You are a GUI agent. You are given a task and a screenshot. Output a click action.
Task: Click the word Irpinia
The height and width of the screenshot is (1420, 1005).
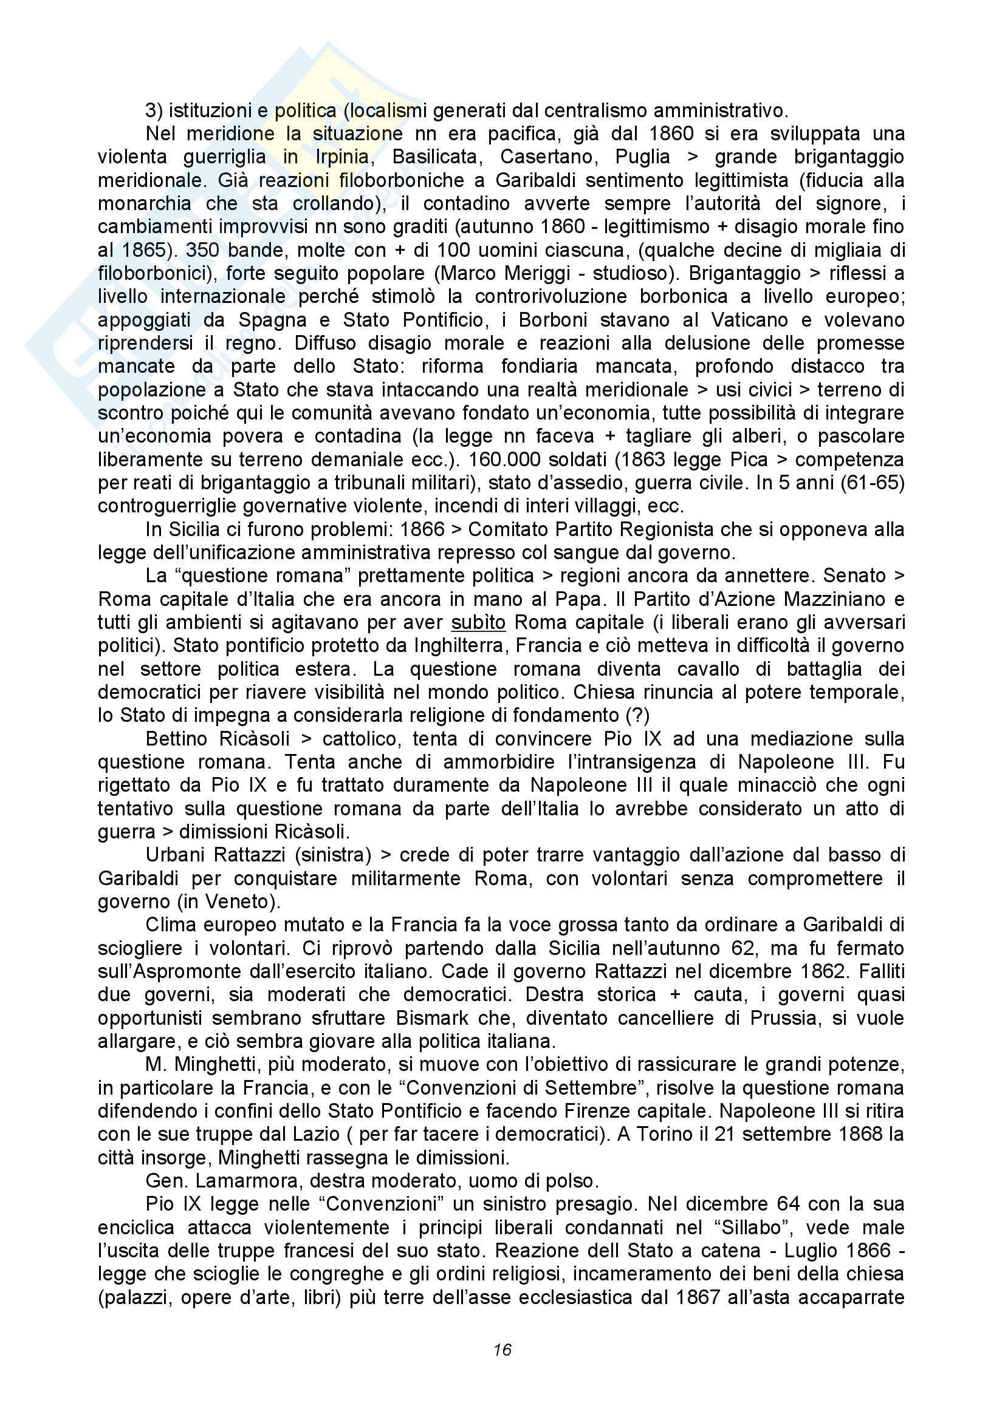point(344,157)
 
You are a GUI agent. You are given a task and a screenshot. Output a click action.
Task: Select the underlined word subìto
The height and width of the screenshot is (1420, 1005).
point(478,623)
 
